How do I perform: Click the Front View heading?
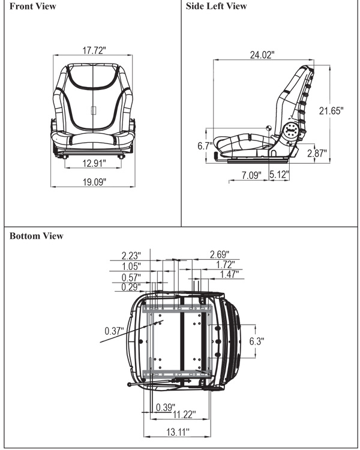[33, 7]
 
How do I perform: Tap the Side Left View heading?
[216, 6]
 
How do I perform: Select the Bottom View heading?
[37, 236]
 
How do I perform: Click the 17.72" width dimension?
[94, 50]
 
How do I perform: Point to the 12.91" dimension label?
[94, 163]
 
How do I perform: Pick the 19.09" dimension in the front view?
[94, 182]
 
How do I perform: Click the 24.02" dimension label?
[262, 55]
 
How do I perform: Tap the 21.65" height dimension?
[331, 110]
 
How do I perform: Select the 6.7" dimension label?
[205, 146]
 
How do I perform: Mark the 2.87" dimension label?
[317, 153]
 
